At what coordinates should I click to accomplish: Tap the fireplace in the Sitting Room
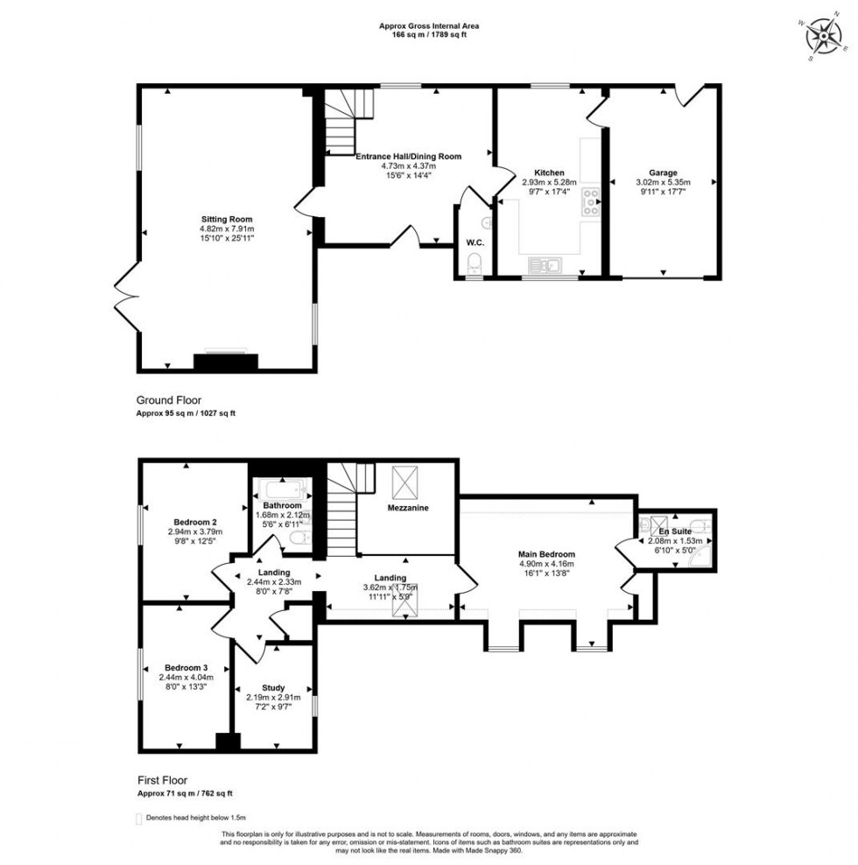(x=226, y=362)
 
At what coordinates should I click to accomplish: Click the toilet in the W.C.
(x=473, y=262)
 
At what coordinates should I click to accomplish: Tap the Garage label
(x=663, y=172)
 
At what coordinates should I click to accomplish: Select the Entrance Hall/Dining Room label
(x=408, y=157)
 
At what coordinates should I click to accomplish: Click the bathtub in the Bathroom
(x=278, y=489)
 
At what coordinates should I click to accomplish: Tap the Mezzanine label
(x=408, y=507)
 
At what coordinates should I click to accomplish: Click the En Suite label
(x=675, y=531)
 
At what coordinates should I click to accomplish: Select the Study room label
(x=273, y=687)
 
